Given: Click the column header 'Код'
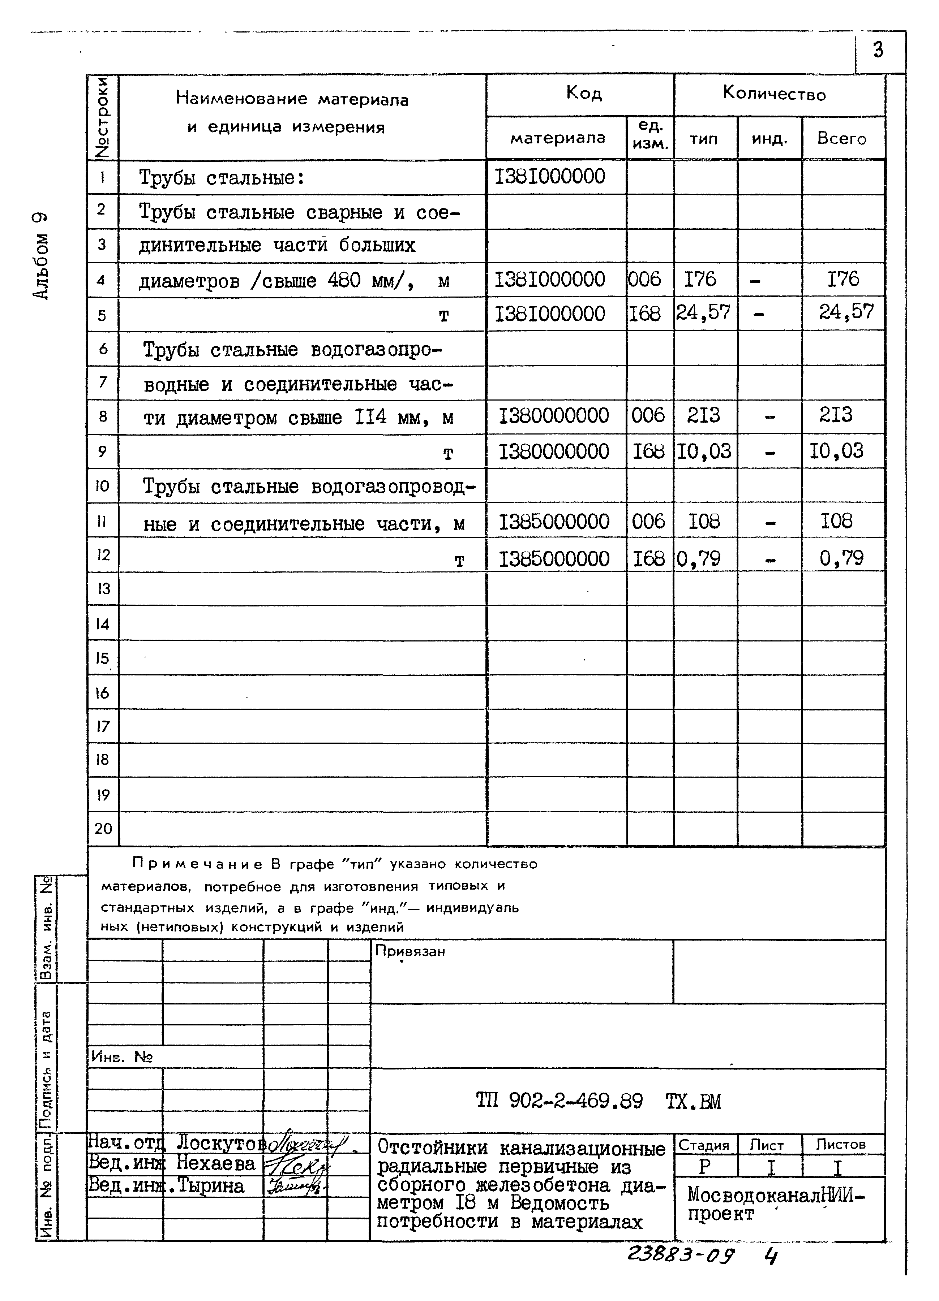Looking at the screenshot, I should coord(584,93).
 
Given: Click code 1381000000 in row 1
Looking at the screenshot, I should coord(550,176).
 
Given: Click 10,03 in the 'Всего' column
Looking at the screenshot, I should coord(836,451).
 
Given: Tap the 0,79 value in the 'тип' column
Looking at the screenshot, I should coord(699,558).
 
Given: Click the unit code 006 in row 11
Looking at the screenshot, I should coord(648,522).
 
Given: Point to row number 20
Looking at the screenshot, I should coord(103,828).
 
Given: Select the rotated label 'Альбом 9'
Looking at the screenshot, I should coord(41,255).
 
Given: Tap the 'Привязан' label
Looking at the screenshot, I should coord(410,951).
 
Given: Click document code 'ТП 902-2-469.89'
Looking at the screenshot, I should coord(559,1101).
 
